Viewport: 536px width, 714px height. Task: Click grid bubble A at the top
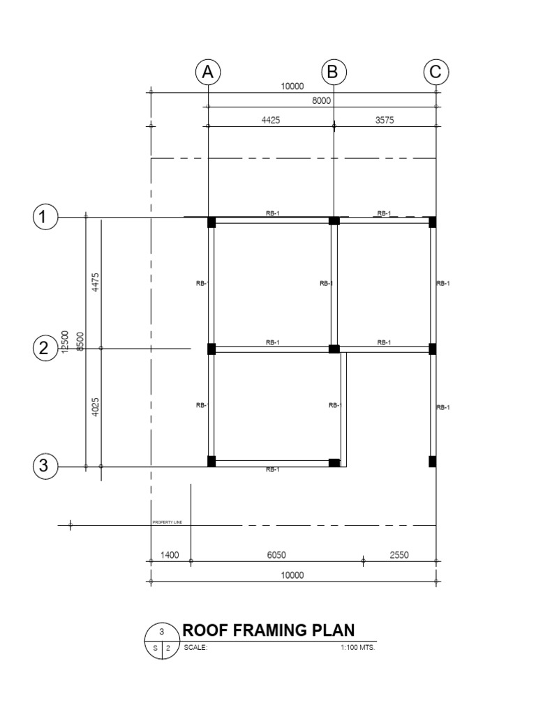pos(208,72)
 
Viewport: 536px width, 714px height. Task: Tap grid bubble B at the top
pos(334,72)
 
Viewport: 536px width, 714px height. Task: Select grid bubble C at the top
pos(436,72)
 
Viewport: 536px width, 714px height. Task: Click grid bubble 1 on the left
pos(45,218)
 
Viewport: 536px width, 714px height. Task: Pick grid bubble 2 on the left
pos(45,348)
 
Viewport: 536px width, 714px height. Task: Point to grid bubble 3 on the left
pos(45,466)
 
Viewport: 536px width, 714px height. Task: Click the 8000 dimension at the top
pos(322,101)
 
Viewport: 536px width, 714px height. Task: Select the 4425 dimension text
pos(271,120)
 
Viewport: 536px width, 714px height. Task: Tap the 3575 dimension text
pos(385,120)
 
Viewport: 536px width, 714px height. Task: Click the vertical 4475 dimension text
pos(96,284)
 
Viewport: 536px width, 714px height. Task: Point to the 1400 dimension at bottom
pos(170,556)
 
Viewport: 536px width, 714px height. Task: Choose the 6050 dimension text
pos(277,556)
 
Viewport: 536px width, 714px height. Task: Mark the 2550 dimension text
pos(399,556)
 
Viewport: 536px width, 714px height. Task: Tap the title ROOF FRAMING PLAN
pos(268,630)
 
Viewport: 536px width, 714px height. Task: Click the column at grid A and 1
pos(211,222)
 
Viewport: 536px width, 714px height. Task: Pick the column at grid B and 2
pos(334,349)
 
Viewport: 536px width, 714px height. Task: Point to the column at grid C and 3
pos(433,461)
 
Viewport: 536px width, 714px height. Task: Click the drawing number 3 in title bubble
pos(162,632)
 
